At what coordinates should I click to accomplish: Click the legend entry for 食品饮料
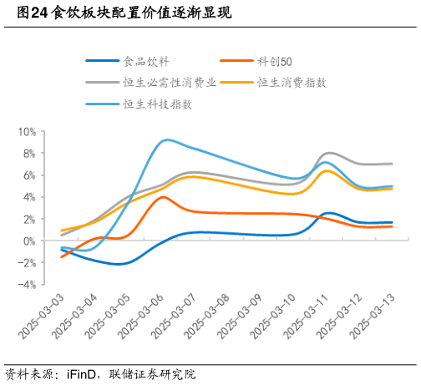tap(144, 61)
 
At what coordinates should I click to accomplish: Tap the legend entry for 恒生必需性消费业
tap(170, 82)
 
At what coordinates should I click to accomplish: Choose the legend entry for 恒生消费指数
tap(292, 82)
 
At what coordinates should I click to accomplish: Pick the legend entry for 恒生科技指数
tap(157, 104)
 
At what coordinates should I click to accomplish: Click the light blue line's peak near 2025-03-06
tap(167, 139)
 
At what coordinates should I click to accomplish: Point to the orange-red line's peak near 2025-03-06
tap(164, 197)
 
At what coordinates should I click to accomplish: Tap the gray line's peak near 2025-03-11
tap(329, 153)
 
